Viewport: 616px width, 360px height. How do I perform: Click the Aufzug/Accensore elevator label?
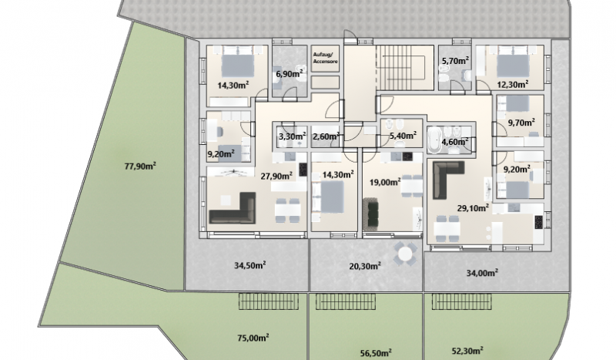tap(325, 58)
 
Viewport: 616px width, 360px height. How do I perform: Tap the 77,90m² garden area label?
tap(140, 166)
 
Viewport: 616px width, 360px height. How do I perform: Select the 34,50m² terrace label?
tap(249, 265)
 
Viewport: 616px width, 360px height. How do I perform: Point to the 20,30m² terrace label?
tap(365, 267)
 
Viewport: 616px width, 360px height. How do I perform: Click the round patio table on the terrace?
tap(406, 254)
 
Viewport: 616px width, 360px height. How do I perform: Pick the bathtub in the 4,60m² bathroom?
tap(434, 140)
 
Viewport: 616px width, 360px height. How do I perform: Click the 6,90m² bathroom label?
tap(290, 73)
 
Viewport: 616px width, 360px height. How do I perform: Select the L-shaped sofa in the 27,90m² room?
tap(233, 209)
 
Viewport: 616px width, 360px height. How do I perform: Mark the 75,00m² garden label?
tap(253, 338)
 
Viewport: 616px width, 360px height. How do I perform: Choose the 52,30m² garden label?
tap(467, 351)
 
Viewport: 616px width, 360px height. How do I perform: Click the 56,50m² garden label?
tap(376, 353)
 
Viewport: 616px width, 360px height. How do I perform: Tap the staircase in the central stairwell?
tap(400, 68)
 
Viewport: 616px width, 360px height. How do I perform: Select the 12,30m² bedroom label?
tap(512, 84)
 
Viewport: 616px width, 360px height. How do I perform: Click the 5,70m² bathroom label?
tap(455, 61)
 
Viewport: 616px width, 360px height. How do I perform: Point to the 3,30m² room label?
tap(293, 136)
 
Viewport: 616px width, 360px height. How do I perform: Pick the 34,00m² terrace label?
tap(483, 273)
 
